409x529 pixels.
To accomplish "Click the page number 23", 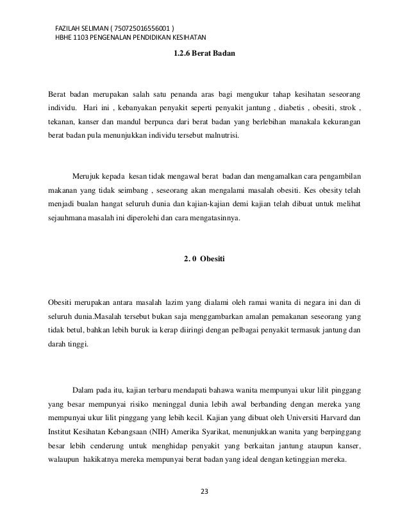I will (204, 492).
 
